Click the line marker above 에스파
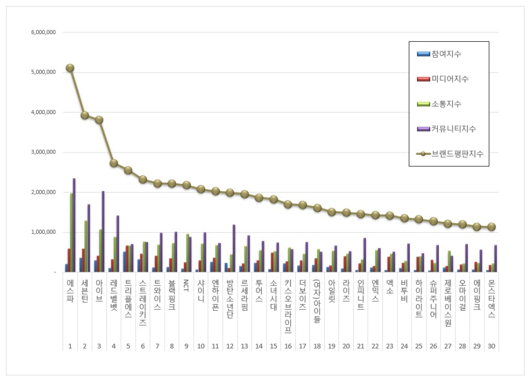point(70,68)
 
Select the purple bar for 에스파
point(74,225)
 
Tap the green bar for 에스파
point(71,233)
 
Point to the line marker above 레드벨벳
point(114,163)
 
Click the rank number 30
point(492,346)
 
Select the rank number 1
point(70,346)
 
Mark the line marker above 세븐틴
point(84,115)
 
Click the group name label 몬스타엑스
point(492,300)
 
